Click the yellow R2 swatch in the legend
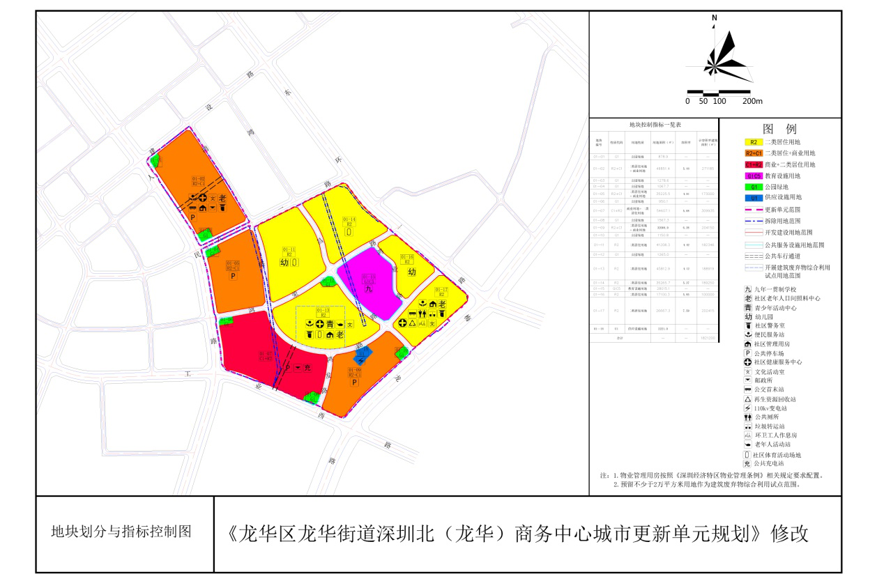[754, 141]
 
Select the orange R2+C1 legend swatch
[754, 153]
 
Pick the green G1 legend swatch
[754, 186]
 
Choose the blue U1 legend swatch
[754, 197]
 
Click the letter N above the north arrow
[715, 18]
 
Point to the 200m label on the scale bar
[752, 102]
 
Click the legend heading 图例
[779, 129]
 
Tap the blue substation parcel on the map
[363, 354]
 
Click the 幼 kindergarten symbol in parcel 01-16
[411, 272]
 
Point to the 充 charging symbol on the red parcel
[307, 367]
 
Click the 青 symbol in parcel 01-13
[330, 324]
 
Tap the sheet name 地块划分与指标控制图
[121, 532]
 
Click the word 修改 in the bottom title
[790, 534]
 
